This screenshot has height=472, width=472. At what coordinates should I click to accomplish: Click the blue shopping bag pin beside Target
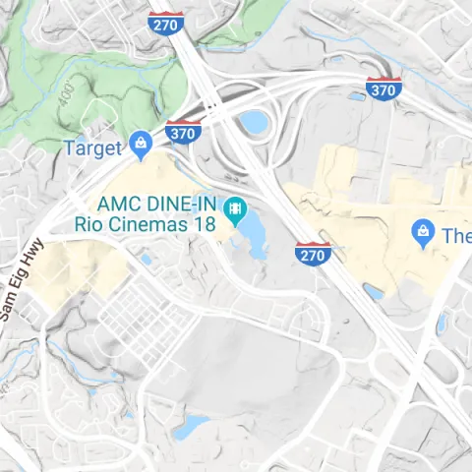[x=141, y=147]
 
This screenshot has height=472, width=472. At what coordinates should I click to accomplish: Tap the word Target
[x=92, y=148]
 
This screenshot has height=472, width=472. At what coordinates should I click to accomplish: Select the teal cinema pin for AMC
[x=234, y=208]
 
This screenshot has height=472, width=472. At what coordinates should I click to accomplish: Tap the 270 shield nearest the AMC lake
[x=312, y=254]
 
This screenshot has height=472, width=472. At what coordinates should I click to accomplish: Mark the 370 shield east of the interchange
[x=382, y=88]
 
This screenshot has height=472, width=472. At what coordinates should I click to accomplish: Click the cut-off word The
[x=455, y=236]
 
